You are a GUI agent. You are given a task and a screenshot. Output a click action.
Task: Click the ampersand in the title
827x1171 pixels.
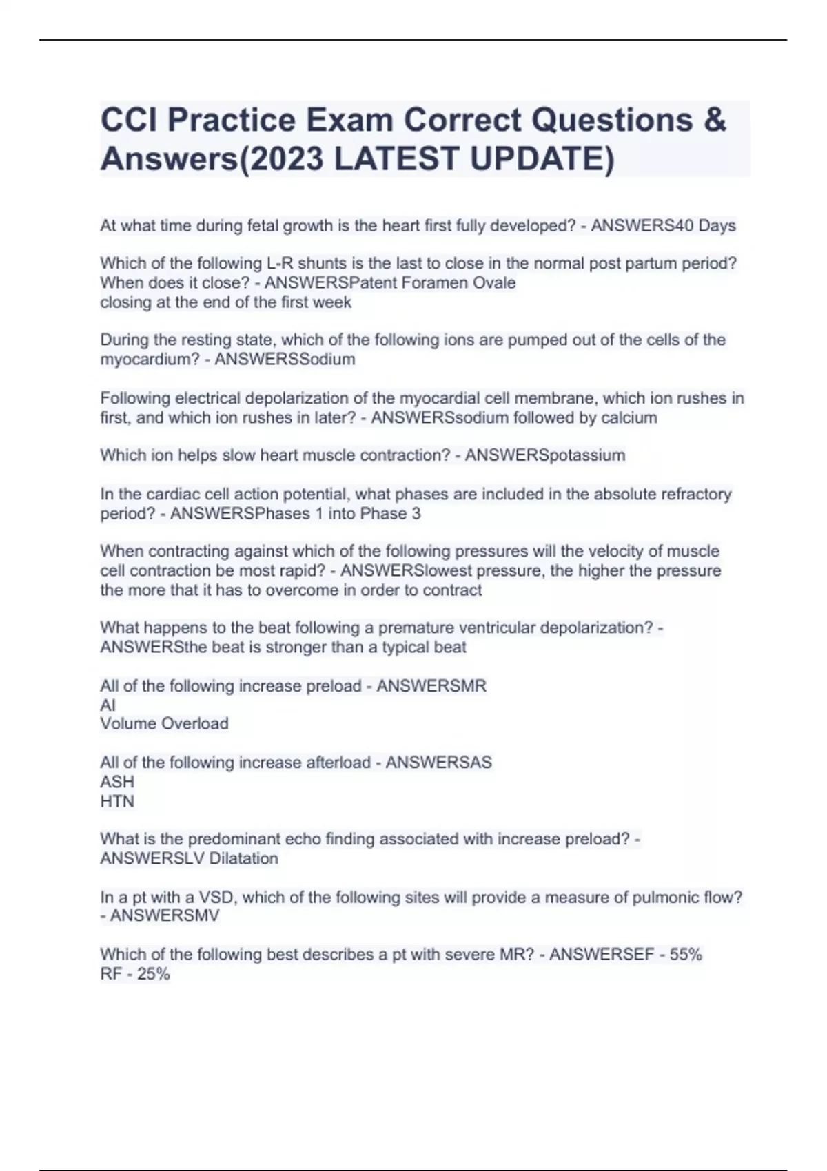pos(715,120)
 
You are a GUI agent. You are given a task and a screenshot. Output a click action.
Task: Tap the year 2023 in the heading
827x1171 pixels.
pos(284,159)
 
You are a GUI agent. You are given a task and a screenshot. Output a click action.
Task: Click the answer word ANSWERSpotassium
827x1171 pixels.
pos(545,455)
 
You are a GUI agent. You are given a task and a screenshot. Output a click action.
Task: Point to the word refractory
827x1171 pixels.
pos(687,495)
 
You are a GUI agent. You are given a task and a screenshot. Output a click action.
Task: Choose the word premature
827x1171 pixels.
pos(416,628)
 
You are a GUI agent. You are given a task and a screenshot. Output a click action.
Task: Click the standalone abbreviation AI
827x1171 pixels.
pos(108,705)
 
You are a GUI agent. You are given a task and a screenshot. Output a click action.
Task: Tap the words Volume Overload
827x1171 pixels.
pos(164,724)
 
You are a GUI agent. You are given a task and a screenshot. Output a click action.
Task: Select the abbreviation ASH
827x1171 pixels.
pos(117,783)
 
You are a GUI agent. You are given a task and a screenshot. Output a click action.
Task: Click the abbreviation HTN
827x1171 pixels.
pos(117,802)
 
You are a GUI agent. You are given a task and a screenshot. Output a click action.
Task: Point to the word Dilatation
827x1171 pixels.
pos(244,859)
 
